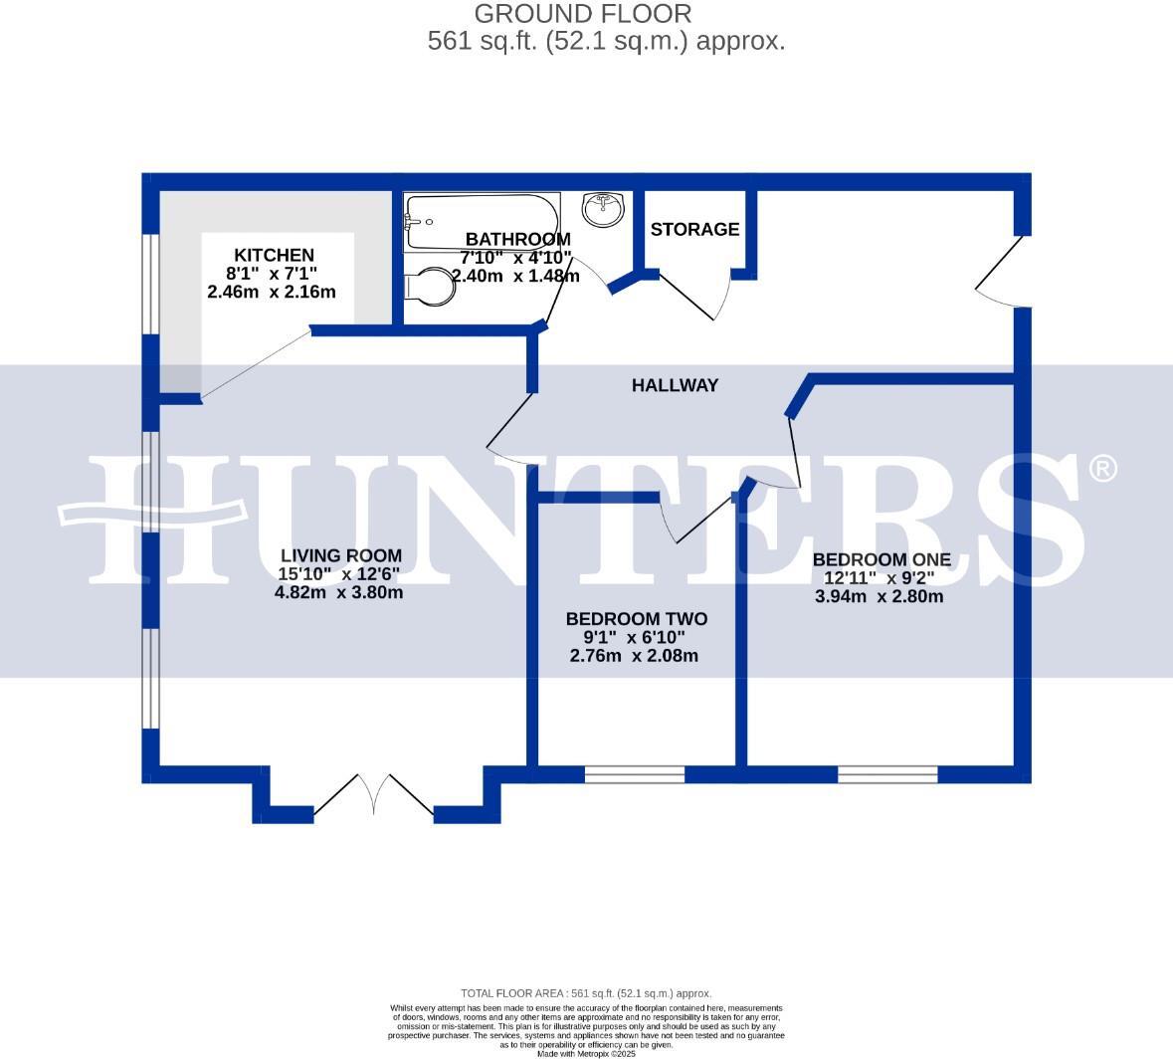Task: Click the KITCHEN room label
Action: click(274, 256)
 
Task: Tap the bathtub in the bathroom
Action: click(482, 222)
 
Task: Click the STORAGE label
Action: click(694, 230)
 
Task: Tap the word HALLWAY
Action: click(675, 385)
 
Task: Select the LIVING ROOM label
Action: click(340, 556)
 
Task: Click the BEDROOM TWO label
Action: click(636, 620)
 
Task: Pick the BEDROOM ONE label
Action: click(880, 560)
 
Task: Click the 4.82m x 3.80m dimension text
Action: click(338, 593)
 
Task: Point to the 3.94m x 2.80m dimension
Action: click(879, 597)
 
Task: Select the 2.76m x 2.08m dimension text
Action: click(634, 657)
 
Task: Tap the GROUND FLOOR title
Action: click(582, 14)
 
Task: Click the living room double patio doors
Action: click(374, 795)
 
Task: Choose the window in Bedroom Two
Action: click(635, 773)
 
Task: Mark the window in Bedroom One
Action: click(887, 773)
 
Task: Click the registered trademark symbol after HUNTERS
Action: click(1102, 468)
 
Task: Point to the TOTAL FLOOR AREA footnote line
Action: click(586, 993)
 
